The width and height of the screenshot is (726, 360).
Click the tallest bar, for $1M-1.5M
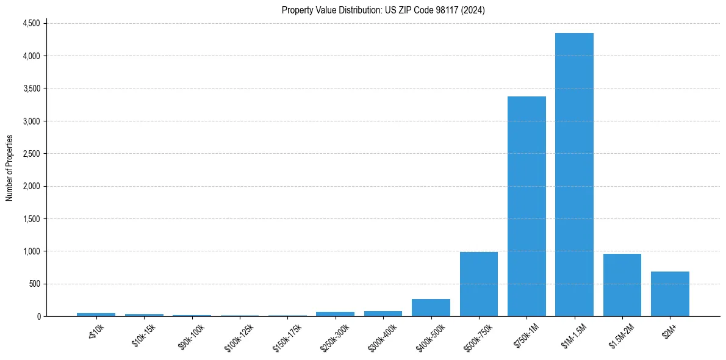[574, 175]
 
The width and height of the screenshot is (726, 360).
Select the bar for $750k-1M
[527, 206]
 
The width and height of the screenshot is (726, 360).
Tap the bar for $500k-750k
[479, 284]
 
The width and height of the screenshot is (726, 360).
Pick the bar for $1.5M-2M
[622, 285]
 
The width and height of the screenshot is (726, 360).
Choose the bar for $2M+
[670, 294]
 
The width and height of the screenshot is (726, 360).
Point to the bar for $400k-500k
[431, 308]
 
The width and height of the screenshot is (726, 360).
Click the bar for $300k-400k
[383, 314]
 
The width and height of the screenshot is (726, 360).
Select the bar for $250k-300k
[335, 314]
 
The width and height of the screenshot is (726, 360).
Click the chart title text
[383, 10]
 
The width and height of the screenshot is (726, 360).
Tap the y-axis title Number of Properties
[10, 168]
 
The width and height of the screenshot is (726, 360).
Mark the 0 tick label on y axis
[38, 316]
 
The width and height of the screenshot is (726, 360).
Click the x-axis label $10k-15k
[144, 335]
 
